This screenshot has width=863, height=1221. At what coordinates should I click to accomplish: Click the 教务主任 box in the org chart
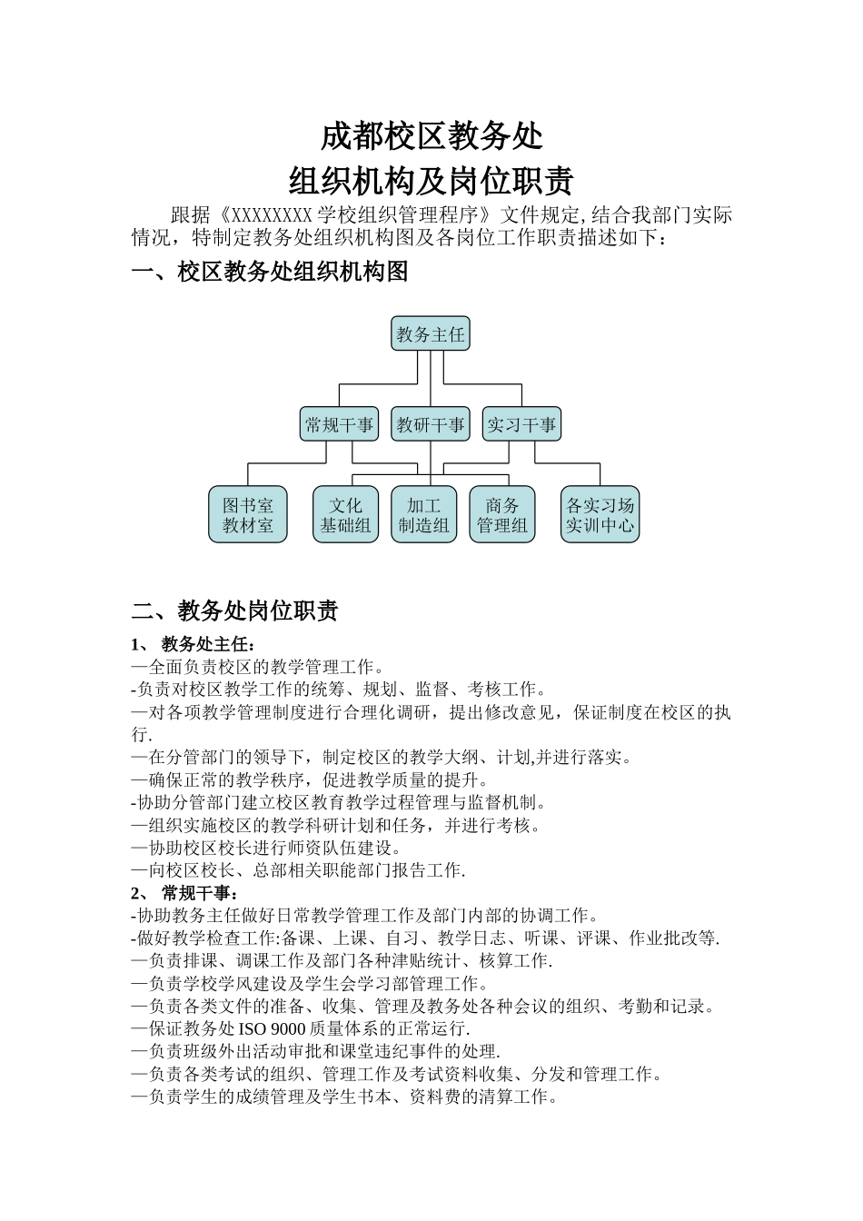pyautogui.click(x=431, y=334)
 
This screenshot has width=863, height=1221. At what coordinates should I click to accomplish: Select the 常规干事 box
pyautogui.click(x=339, y=424)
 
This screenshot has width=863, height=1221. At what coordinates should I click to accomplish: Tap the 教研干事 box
pyautogui.click(x=431, y=424)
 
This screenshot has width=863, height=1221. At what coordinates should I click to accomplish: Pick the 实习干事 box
pyautogui.click(x=521, y=424)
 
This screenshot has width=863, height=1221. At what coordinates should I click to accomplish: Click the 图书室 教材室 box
pyautogui.click(x=248, y=515)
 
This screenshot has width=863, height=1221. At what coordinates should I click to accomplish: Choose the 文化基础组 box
pyautogui.click(x=345, y=515)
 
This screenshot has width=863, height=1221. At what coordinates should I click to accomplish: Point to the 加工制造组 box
pyautogui.click(x=424, y=515)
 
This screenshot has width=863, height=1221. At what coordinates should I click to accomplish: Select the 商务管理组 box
pyautogui.click(x=502, y=515)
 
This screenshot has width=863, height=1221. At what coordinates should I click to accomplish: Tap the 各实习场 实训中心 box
pyautogui.click(x=600, y=515)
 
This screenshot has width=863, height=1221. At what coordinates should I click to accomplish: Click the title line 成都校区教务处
pyautogui.click(x=431, y=136)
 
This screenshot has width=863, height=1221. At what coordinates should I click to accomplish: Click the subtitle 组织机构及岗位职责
pyautogui.click(x=431, y=181)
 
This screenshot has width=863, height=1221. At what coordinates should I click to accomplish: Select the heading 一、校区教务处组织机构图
pyautogui.click(x=270, y=271)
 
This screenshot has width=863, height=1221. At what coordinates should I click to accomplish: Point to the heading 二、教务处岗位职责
pyautogui.click(x=235, y=610)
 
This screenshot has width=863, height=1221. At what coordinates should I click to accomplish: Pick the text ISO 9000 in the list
pyautogui.click(x=273, y=1029)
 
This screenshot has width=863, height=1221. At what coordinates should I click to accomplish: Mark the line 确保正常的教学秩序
pyautogui.click(x=309, y=779)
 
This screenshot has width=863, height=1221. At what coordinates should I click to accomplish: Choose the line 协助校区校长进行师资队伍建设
pyautogui.click(x=266, y=848)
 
